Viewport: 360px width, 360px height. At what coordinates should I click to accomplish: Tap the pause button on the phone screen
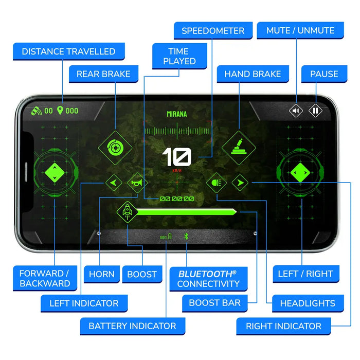(315, 111)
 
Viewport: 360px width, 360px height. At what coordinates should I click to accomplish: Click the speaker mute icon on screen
(296, 111)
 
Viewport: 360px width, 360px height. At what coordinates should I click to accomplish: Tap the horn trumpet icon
(137, 183)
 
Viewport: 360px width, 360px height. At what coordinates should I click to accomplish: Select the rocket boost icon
(127, 212)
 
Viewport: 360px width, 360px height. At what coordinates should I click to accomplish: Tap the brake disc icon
(115, 148)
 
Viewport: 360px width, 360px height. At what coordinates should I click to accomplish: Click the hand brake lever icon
(239, 148)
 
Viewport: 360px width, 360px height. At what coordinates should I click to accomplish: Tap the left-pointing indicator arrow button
(114, 183)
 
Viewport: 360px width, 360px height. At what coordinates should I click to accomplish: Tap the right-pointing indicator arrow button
(240, 183)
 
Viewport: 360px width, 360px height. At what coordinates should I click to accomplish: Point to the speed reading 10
(176, 157)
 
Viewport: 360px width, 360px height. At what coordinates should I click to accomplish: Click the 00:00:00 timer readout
(177, 199)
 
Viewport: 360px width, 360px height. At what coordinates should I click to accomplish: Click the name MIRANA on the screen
(177, 114)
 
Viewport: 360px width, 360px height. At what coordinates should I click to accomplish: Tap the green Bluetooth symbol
(186, 236)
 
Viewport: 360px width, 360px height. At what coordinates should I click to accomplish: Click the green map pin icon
(60, 111)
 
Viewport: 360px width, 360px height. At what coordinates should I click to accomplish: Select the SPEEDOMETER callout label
(213, 30)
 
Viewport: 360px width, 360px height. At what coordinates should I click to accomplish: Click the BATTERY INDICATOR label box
(133, 326)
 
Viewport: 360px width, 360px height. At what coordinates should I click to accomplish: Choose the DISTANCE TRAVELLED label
(68, 51)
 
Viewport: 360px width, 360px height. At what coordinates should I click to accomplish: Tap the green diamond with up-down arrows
(55, 173)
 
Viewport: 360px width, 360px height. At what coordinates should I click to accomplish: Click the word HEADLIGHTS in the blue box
(308, 303)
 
